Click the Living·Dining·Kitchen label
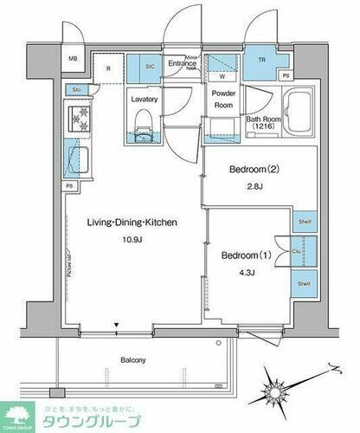(132, 223)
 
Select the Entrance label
(183, 62)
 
